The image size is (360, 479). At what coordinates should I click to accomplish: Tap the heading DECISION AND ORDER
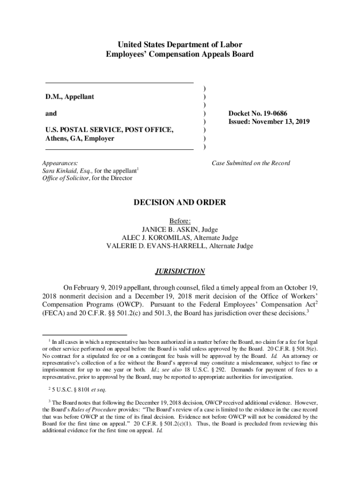[180, 203]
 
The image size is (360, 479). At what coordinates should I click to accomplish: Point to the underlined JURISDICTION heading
[180, 271]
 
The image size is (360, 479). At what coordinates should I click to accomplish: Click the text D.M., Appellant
[69, 96]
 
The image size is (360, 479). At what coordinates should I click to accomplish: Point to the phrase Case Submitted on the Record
[251, 163]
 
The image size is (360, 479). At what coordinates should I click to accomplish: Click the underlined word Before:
[180, 221]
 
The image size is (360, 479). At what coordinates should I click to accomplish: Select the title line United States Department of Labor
[180, 44]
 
